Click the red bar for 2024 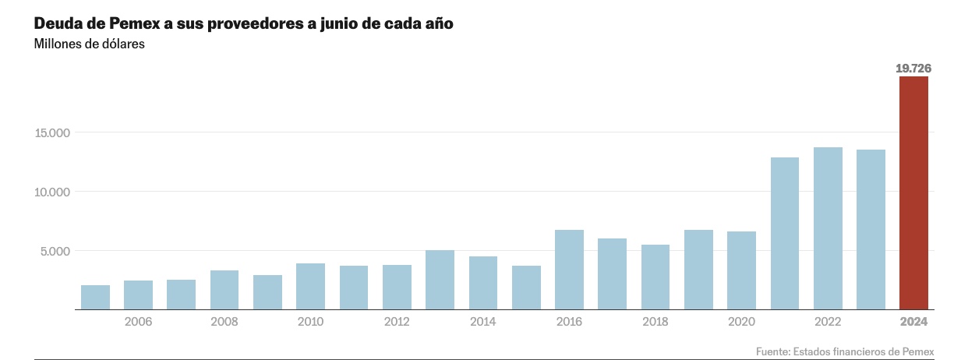[x=913, y=192]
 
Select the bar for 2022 [x=828, y=228]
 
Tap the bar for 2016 [x=569, y=270]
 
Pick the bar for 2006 [x=139, y=295]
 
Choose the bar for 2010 [x=310, y=286]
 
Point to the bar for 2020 [x=741, y=270]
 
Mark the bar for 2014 [x=483, y=283]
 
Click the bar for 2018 [x=655, y=277]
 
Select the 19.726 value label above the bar [x=913, y=69]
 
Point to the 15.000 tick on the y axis [x=52, y=133]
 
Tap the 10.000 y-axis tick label [x=52, y=192]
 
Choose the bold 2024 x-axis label [x=913, y=322]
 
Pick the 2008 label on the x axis [x=224, y=322]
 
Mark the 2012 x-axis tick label [x=397, y=322]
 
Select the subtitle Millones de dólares [x=90, y=44]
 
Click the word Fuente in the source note [x=773, y=351]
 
